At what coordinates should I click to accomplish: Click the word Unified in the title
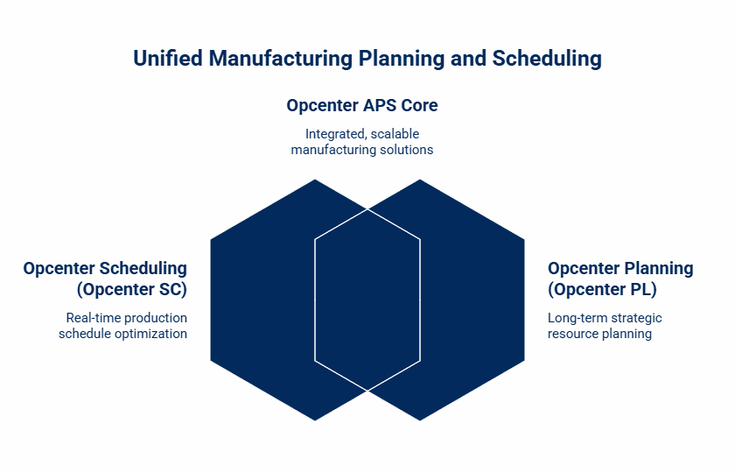click(168, 59)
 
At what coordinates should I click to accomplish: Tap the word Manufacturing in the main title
click(280, 59)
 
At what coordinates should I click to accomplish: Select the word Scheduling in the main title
click(547, 60)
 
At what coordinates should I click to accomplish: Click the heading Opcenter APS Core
click(362, 106)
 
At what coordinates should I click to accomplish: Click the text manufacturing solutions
click(362, 150)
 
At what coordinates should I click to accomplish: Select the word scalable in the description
click(395, 134)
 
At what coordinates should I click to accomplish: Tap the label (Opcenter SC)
click(132, 289)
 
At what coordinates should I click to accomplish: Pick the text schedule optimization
click(122, 334)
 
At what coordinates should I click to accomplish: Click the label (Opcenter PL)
click(602, 289)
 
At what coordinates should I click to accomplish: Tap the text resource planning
click(599, 334)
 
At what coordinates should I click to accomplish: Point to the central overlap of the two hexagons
click(367, 300)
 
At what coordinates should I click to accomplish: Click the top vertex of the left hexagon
click(315, 180)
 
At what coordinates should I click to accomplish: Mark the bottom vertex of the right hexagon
click(420, 420)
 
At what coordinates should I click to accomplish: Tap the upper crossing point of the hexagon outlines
click(367, 208)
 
